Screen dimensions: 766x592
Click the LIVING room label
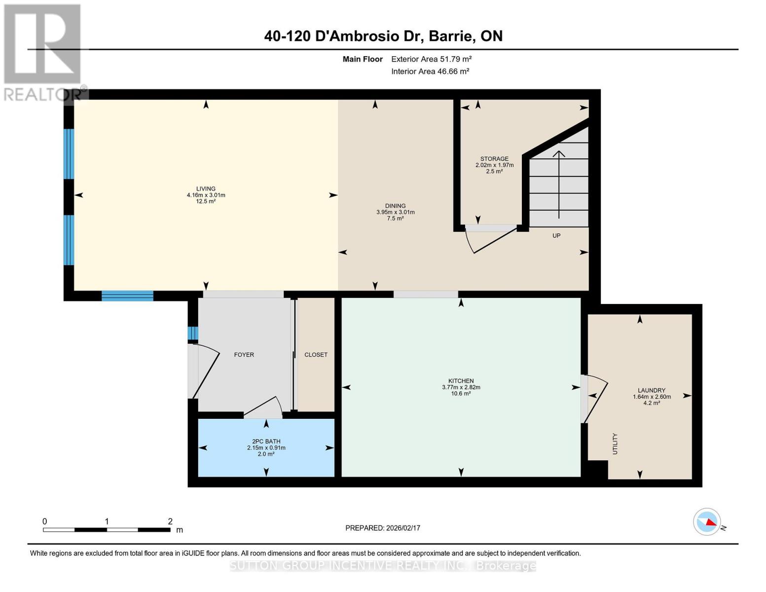pyautogui.click(x=206, y=188)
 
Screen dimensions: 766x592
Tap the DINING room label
pyautogui.click(x=395, y=206)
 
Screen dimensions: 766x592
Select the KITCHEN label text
pyautogui.click(x=461, y=381)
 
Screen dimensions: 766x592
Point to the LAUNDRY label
pyautogui.click(x=652, y=390)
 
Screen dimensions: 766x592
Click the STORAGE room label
pyautogui.click(x=494, y=159)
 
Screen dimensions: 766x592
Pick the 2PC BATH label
pyautogui.click(x=266, y=441)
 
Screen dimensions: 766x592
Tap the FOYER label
pyautogui.click(x=244, y=355)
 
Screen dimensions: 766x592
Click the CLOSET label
pyautogui.click(x=316, y=355)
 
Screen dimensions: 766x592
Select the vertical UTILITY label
pyautogui.click(x=615, y=444)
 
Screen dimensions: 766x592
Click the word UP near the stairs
pyautogui.click(x=556, y=235)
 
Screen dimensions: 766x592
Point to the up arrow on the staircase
pyautogui.click(x=559, y=185)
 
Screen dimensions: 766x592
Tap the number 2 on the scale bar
pyautogui.click(x=170, y=521)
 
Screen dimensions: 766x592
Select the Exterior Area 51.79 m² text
pyautogui.click(x=432, y=59)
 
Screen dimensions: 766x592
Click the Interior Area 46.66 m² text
pyautogui.click(x=430, y=71)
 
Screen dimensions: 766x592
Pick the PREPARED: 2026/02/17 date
pyautogui.click(x=383, y=528)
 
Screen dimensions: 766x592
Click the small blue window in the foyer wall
pyautogui.click(x=193, y=333)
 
